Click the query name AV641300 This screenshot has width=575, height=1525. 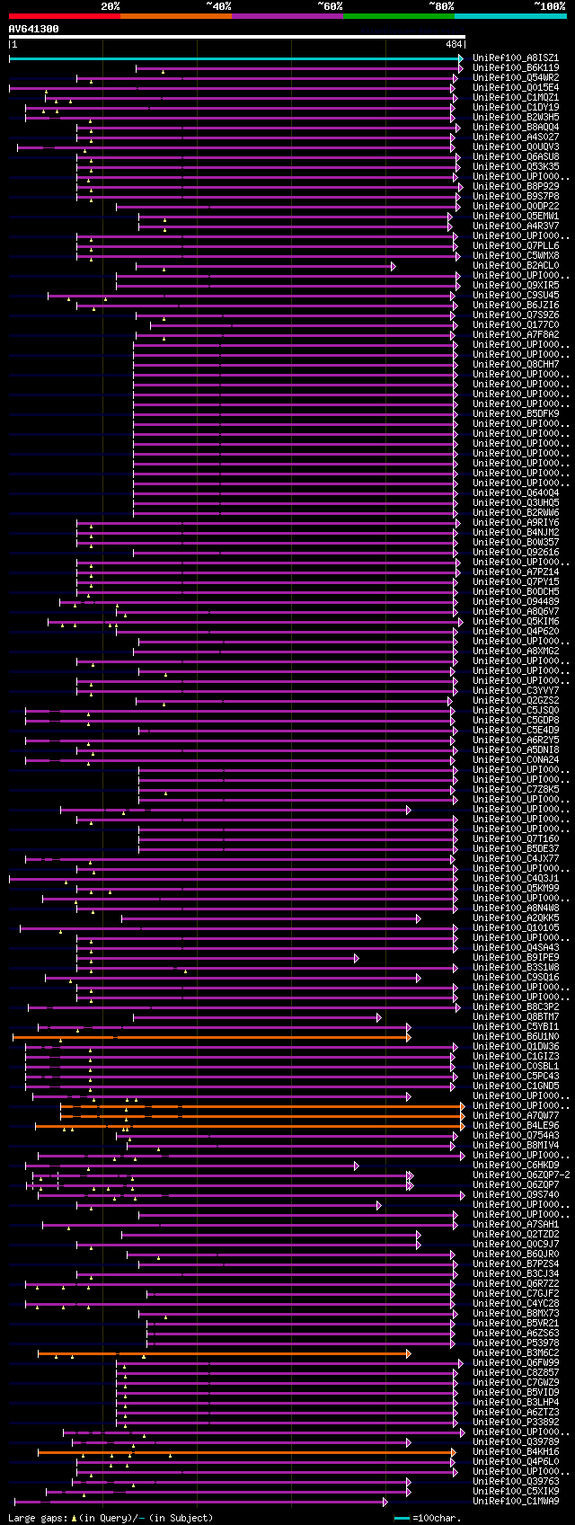click(x=34, y=29)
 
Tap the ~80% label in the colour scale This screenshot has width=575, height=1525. click(x=441, y=6)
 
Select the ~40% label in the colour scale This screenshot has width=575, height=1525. click(x=218, y=6)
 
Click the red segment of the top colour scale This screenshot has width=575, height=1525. click(x=64, y=15)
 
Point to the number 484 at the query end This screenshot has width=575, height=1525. click(x=453, y=44)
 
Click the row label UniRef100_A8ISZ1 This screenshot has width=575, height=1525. click(x=516, y=58)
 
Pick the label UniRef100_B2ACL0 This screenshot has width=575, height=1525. click(x=516, y=266)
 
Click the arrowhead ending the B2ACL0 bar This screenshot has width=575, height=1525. click(x=393, y=266)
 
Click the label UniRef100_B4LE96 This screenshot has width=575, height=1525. click(x=516, y=1126)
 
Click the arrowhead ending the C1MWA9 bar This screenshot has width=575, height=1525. click(x=385, y=1502)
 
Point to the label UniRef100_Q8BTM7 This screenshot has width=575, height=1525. click(x=516, y=1017)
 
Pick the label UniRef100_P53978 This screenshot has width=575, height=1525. click(x=516, y=1343)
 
